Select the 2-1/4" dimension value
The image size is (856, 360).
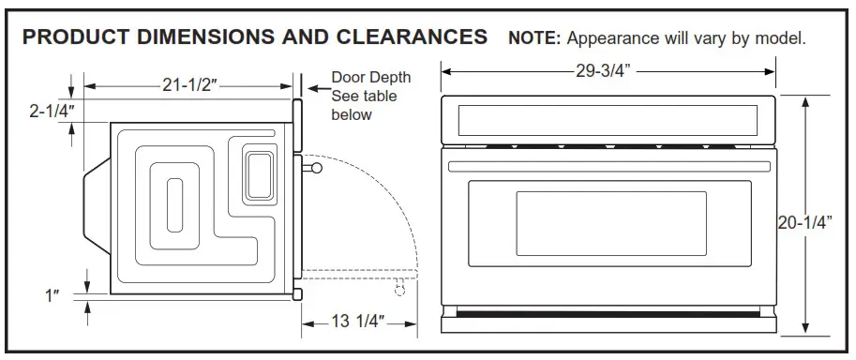pyautogui.click(x=51, y=111)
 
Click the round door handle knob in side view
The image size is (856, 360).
pyautogui.click(x=317, y=168)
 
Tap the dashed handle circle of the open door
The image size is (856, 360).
pyautogui.click(x=400, y=291)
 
